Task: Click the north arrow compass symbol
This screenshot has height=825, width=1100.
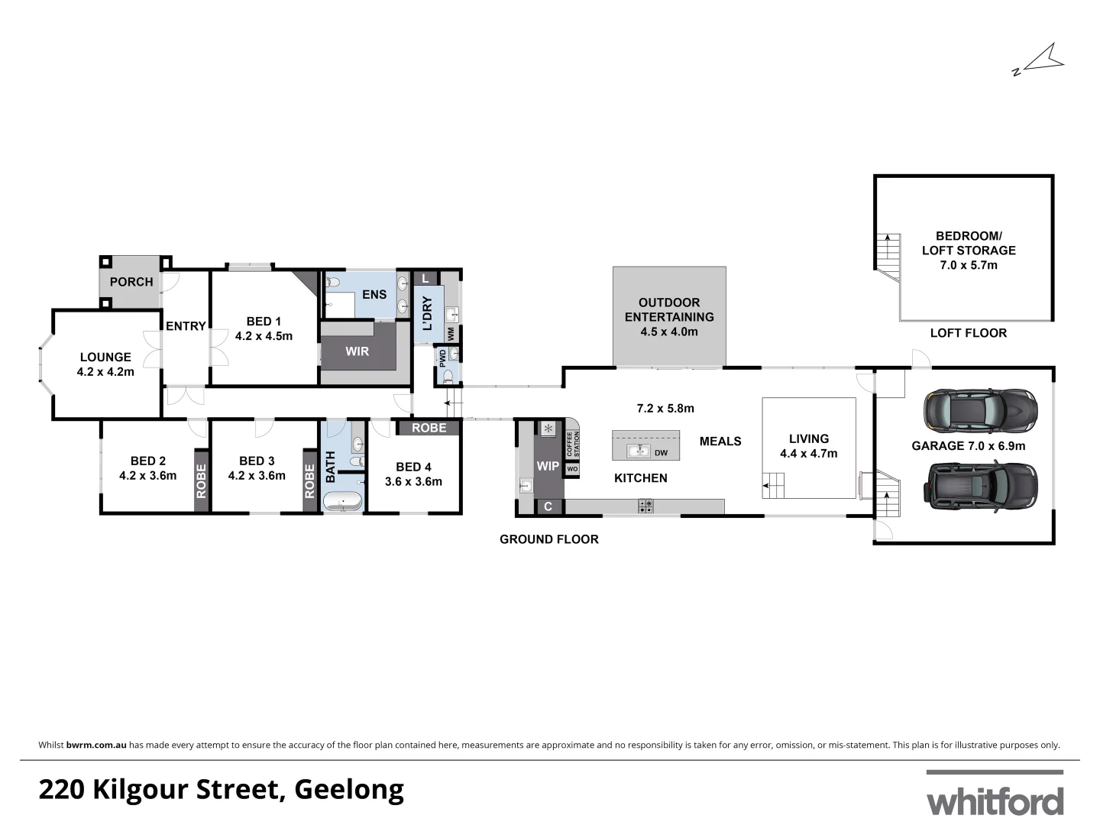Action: (x=1038, y=62)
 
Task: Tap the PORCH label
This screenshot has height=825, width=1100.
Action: (x=131, y=282)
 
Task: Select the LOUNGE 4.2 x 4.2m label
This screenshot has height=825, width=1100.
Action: (x=105, y=364)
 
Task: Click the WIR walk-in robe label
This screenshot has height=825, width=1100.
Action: (x=357, y=351)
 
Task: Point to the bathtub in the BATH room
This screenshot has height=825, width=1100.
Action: (x=343, y=501)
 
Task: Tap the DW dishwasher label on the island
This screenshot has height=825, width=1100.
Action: (x=662, y=453)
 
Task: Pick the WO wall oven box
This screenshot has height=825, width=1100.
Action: (x=572, y=469)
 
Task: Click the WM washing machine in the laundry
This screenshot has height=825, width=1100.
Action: (x=451, y=334)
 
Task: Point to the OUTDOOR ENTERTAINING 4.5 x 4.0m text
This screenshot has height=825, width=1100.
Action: (x=669, y=317)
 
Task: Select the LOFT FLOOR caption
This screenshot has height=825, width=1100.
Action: (x=968, y=333)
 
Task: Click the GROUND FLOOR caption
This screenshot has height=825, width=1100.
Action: (x=548, y=539)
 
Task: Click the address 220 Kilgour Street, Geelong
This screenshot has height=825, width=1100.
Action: (x=221, y=790)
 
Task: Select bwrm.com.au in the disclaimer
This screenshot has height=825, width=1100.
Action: (x=96, y=745)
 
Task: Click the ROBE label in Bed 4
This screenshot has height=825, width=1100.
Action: (x=429, y=428)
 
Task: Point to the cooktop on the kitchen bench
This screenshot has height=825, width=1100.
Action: (x=645, y=505)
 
